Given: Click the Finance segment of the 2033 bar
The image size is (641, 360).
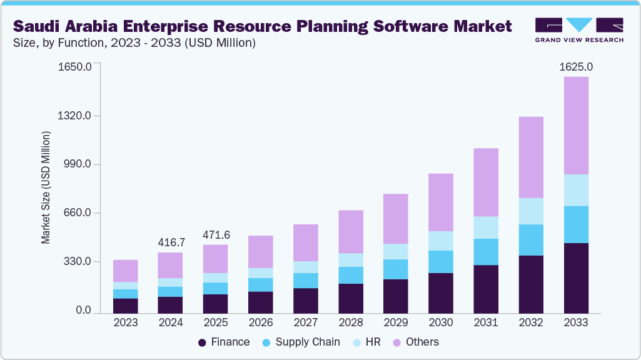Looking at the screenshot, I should pyautogui.click(x=576, y=277).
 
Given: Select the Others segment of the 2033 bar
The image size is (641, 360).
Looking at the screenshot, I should pyautogui.click(x=576, y=125).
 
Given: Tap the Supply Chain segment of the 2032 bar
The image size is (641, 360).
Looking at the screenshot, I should pyautogui.click(x=531, y=239).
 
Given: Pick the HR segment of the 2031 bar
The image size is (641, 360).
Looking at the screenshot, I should pyautogui.click(x=486, y=227).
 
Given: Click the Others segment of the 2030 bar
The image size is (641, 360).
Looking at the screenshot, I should pyautogui.click(x=441, y=202).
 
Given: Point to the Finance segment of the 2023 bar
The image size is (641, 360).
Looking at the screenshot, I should pyautogui.click(x=126, y=306).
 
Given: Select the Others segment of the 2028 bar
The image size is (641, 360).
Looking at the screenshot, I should pyautogui.click(x=351, y=231).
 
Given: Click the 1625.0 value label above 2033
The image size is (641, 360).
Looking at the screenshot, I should pyautogui.click(x=576, y=66).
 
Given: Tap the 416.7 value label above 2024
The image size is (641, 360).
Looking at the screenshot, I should pyautogui.click(x=171, y=242).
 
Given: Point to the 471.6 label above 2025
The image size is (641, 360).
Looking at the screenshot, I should pyautogui.click(x=216, y=234).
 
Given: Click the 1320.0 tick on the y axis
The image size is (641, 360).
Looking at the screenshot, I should pyautogui.click(x=76, y=116).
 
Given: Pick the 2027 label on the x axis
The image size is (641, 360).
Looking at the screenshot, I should pyautogui.click(x=306, y=322).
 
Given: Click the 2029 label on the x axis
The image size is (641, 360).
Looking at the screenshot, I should pyautogui.click(x=396, y=322).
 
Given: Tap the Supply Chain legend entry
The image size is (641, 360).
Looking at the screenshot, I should pyautogui.click(x=307, y=342).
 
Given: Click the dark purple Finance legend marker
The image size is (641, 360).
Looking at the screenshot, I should pyautogui.click(x=202, y=342).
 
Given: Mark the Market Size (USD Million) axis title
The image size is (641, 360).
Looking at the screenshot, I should pyautogui.click(x=46, y=187).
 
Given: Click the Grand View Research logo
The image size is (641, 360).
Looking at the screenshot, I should pyautogui.click(x=579, y=30).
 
